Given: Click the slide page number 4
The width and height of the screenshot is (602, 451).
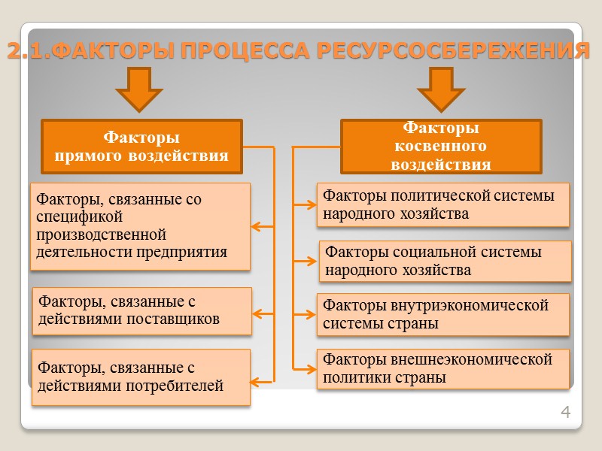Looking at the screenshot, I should [x=566, y=412].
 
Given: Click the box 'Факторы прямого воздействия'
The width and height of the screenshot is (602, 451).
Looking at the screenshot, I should [x=141, y=147].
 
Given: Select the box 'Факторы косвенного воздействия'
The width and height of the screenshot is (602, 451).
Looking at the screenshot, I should [x=441, y=146].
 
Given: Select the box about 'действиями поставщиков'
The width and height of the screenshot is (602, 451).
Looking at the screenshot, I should [x=141, y=310].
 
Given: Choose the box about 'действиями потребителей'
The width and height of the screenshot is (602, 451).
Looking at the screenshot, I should [x=141, y=377].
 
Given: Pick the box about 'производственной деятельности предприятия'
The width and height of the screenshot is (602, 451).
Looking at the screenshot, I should [x=140, y=225].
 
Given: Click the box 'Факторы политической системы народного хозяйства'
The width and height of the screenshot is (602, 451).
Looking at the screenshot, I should [x=442, y=204].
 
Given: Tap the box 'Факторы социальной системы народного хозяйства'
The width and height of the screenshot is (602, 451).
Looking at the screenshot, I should [x=445, y=261].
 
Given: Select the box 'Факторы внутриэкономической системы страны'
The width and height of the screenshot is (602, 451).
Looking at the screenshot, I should [x=442, y=315].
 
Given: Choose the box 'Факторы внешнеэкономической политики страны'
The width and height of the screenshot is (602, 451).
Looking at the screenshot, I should [x=442, y=368].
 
